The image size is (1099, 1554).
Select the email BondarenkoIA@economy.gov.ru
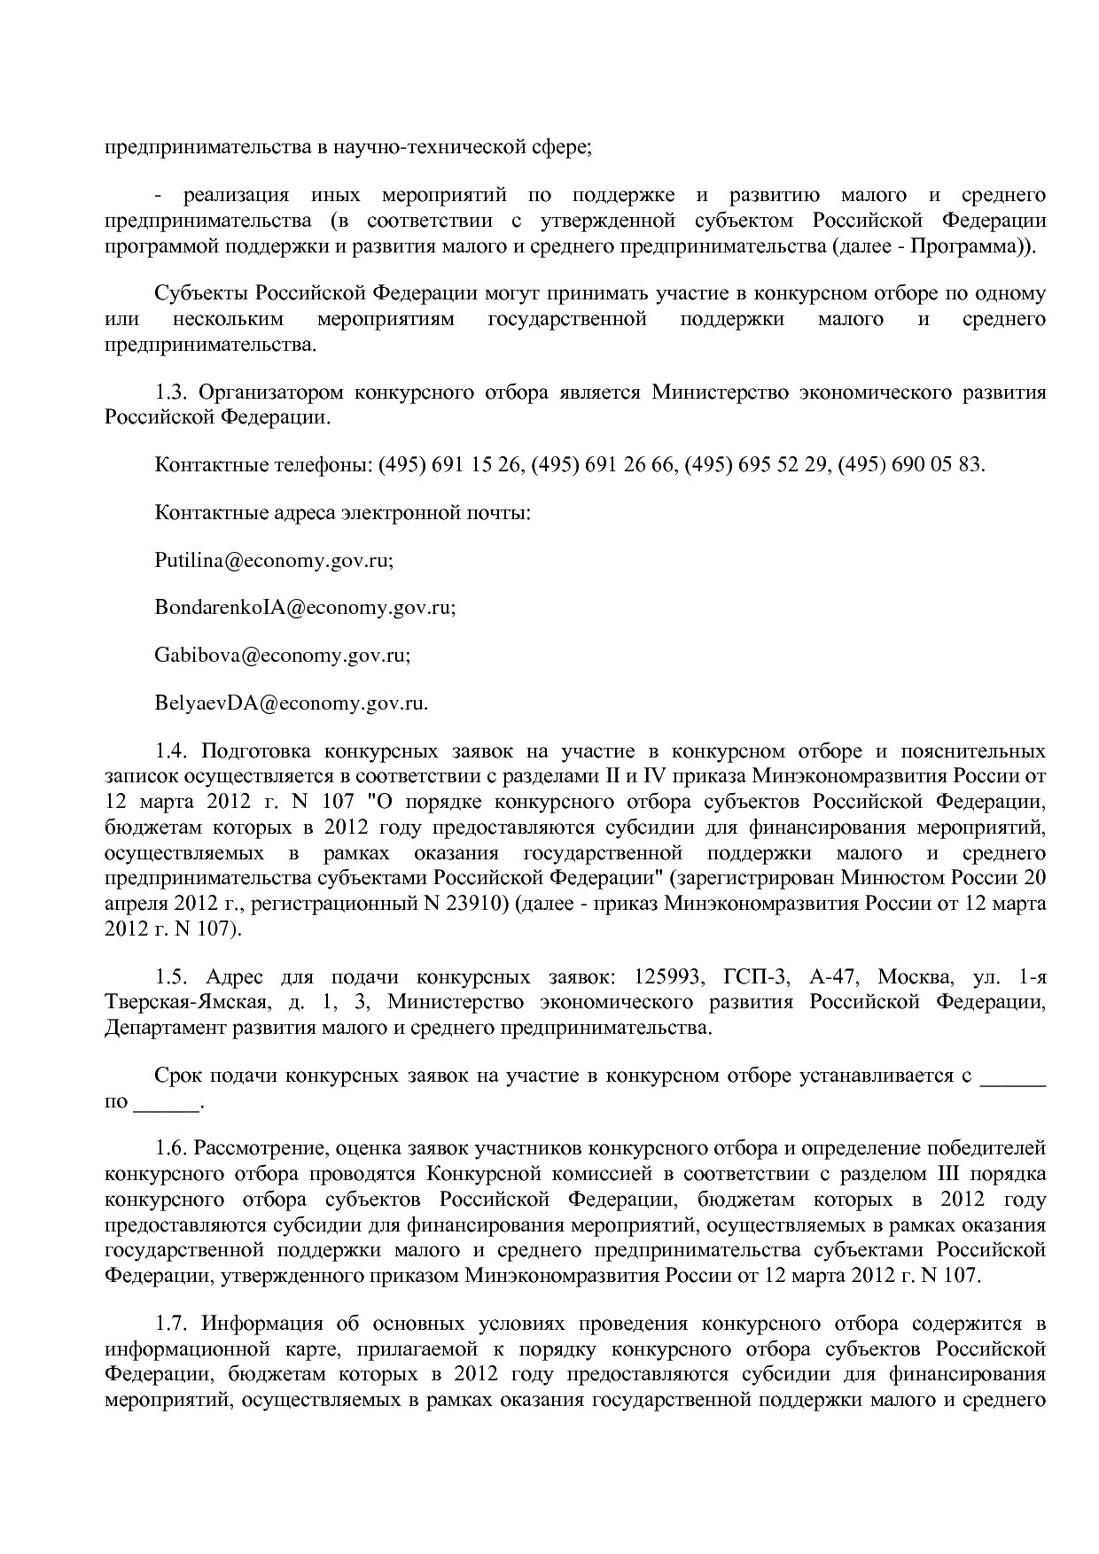coord(304,609)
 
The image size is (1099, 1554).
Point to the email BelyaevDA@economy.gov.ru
coord(291,704)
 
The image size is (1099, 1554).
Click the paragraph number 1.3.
coord(169,392)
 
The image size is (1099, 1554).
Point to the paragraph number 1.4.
coord(169,752)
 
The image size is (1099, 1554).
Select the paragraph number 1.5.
coord(169,977)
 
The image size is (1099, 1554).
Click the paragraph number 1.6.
coord(169,1149)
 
